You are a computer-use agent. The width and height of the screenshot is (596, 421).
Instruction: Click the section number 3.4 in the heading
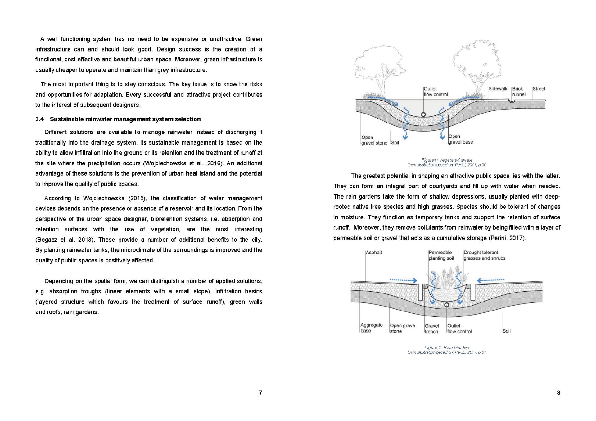click(x=39, y=119)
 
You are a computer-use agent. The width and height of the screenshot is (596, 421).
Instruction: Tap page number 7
click(x=260, y=393)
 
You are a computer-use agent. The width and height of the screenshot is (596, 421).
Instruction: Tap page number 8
click(x=558, y=393)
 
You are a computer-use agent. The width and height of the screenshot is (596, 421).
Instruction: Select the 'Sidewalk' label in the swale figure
click(x=498, y=89)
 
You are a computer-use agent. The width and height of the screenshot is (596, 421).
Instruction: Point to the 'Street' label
click(x=539, y=89)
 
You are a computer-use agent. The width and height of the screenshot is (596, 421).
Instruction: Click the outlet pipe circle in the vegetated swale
click(x=423, y=114)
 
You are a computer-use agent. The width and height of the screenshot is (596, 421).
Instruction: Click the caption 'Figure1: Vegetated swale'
click(x=447, y=160)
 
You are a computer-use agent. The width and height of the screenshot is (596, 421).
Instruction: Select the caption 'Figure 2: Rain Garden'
click(x=447, y=347)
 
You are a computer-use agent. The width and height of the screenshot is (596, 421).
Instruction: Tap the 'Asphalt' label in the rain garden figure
click(x=374, y=253)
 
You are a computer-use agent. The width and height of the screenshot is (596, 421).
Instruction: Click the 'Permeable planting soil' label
click(x=441, y=255)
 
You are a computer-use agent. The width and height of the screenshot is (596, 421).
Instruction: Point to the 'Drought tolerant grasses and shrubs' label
click(x=484, y=255)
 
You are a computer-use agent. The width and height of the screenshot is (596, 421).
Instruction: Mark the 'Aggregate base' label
click(x=371, y=328)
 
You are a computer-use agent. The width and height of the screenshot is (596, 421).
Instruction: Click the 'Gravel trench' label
click(x=431, y=329)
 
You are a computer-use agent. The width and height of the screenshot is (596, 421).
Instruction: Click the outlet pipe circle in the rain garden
click(x=447, y=305)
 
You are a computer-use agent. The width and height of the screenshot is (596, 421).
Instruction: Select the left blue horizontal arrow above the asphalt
click(x=403, y=280)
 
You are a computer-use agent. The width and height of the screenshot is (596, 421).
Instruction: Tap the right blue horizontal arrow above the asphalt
click(x=491, y=280)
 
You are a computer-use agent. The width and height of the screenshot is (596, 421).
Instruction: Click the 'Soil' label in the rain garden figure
click(x=506, y=331)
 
